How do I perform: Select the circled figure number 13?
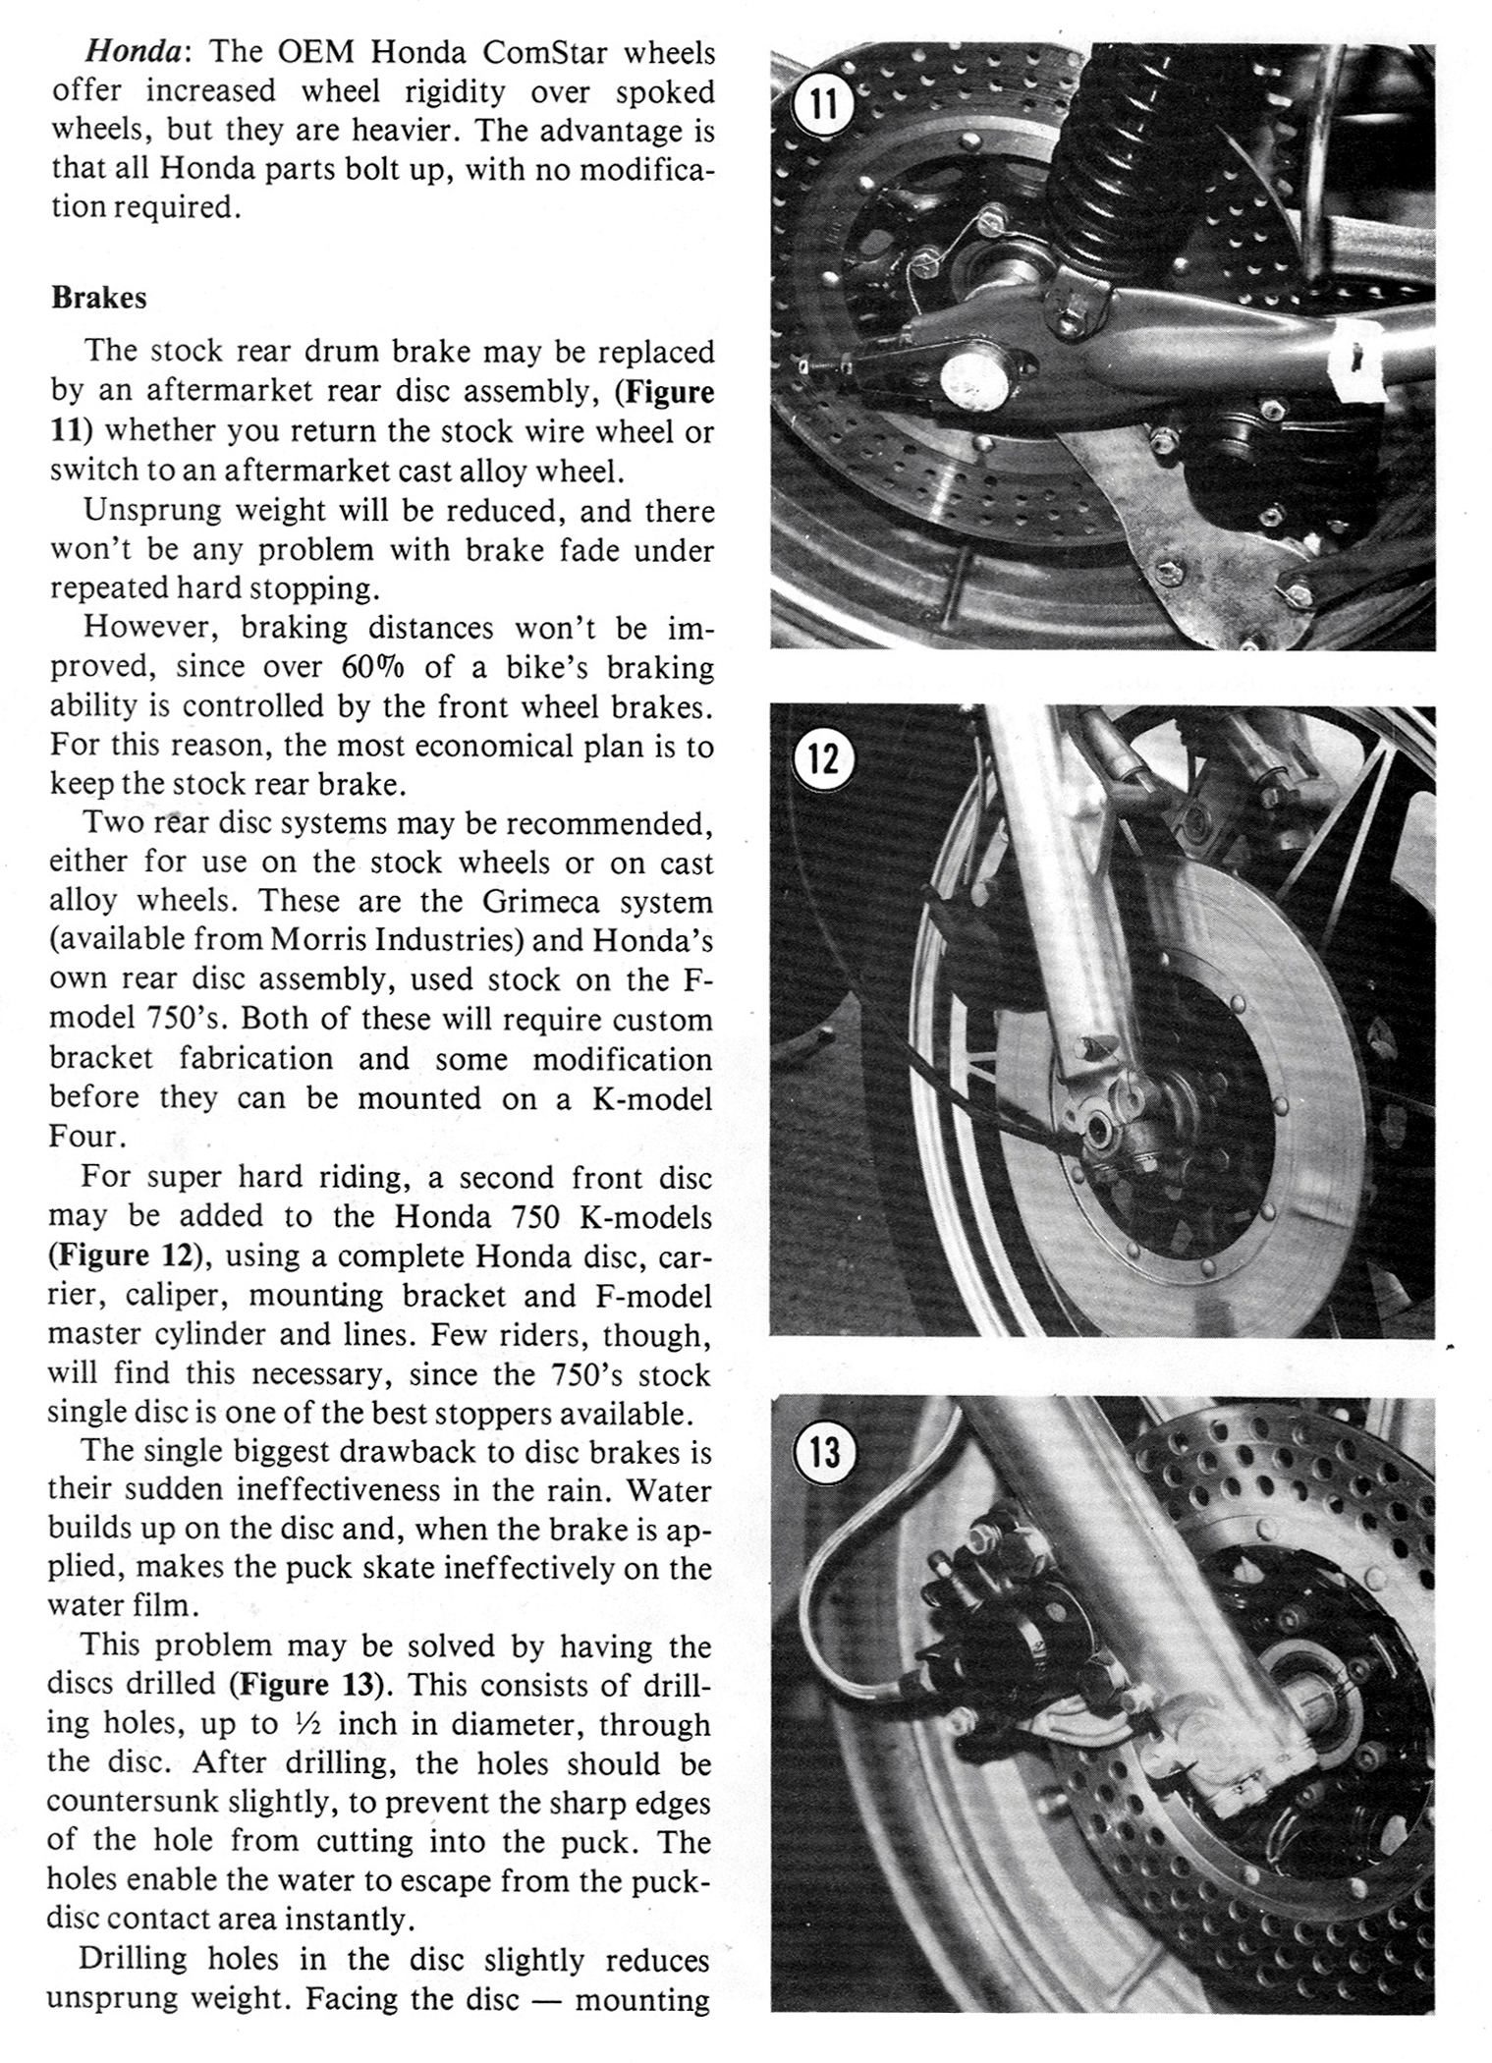(x=824, y=1451)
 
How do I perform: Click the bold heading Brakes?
(x=98, y=298)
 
